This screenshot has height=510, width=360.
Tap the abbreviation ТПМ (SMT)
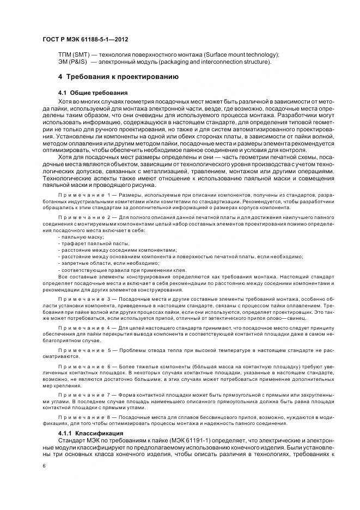pyautogui.click(x=74, y=55)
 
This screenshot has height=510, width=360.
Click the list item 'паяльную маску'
pyautogui.click(x=82, y=238)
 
